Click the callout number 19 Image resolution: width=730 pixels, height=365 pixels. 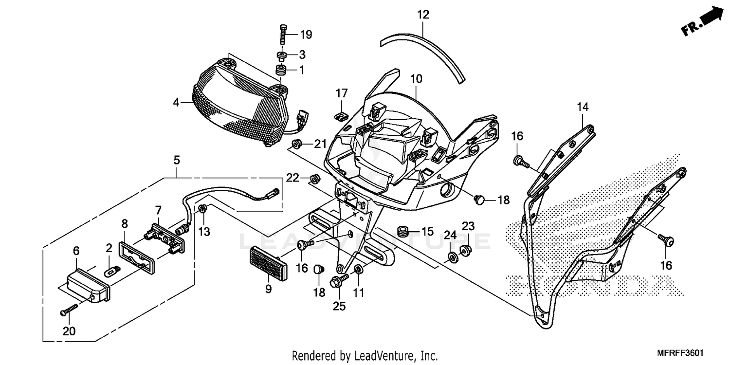tap(306, 35)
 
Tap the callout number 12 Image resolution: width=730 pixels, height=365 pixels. tap(423, 15)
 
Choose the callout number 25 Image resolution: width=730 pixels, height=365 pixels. tap(339, 307)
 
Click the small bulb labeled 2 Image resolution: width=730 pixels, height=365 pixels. tap(112, 269)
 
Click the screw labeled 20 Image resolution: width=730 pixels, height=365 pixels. tap(70, 309)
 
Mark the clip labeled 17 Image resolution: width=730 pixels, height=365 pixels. tap(341, 116)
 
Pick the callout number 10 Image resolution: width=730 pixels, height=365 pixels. tap(416, 78)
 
